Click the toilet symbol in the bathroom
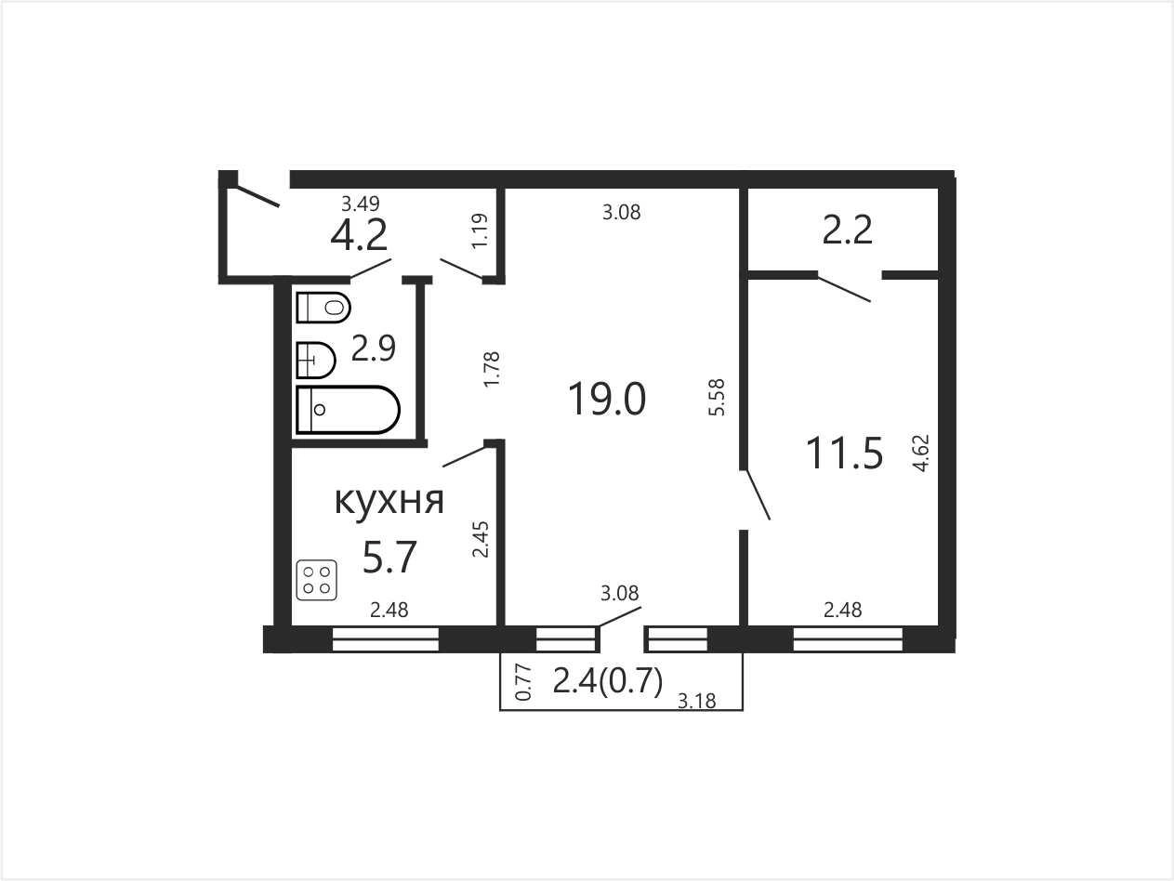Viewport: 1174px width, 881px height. (x=323, y=308)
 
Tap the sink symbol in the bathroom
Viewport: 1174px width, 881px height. (x=315, y=361)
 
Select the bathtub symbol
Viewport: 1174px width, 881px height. (x=348, y=410)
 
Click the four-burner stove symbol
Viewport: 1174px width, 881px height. (x=317, y=580)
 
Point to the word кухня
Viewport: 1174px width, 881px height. (x=389, y=501)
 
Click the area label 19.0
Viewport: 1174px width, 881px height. (x=607, y=399)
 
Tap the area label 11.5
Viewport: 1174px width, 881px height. (x=844, y=454)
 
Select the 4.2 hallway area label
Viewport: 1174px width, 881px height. (x=359, y=235)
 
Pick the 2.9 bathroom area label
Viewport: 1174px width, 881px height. (x=373, y=348)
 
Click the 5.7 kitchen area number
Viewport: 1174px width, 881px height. (x=389, y=557)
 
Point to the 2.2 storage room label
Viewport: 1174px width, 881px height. (x=847, y=230)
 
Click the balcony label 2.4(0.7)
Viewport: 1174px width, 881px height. (x=608, y=681)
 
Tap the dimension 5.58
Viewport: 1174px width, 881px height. (x=716, y=397)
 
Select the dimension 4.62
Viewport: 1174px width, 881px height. (x=921, y=454)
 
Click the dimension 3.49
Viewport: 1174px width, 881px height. (x=361, y=204)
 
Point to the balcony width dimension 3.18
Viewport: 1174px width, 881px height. (x=696, y=701)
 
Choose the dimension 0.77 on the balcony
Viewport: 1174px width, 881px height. (x=523, y=682)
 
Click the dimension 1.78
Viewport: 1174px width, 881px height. (x=491, y=369)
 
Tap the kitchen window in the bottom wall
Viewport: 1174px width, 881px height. (x=386, y=639)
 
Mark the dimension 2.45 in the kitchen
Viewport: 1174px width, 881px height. (x=481, y=539)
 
